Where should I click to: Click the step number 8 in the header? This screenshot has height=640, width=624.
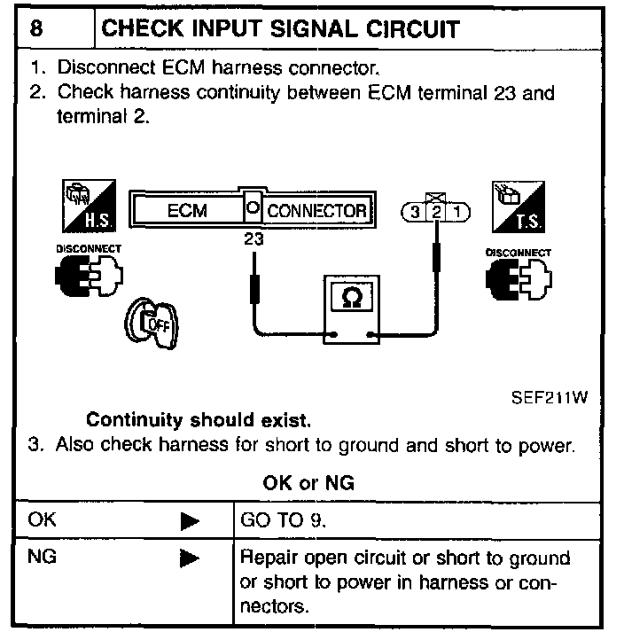click(x=36, y=28)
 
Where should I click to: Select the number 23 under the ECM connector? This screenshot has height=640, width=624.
click(x=253, y=238)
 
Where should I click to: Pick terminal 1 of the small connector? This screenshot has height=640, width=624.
click(x=456, y=213)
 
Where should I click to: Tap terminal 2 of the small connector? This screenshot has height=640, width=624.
click(x=436, y=213)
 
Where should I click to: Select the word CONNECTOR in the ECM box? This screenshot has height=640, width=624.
click(x=316, y=211)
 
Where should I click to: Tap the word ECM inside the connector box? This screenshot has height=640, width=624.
click(x=187, y=212)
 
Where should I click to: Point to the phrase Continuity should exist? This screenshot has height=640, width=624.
click(x=199, y=419)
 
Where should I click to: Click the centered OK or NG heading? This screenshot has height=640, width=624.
click(x=308, y=483)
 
